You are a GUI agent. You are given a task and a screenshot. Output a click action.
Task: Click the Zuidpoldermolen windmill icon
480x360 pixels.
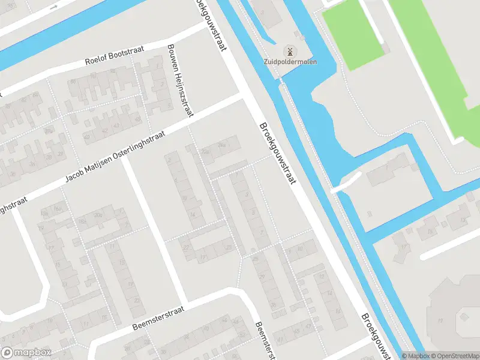(289, 51)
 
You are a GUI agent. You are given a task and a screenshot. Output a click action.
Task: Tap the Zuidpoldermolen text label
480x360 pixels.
(290, 62)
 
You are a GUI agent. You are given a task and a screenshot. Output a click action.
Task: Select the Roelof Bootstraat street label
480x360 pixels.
(115, 57)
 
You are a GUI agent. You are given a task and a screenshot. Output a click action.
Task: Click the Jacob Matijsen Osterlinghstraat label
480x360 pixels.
(114, 156)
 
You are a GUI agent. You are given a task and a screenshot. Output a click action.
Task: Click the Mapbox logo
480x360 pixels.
(26, 353)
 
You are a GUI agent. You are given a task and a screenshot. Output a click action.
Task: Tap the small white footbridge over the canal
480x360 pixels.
(346, 182)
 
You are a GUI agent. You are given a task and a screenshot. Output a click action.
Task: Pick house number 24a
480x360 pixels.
(221, 145)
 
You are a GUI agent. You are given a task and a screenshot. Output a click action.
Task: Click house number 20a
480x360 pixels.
(98, 215)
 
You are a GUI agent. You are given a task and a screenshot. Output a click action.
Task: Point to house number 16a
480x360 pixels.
(58, 209)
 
